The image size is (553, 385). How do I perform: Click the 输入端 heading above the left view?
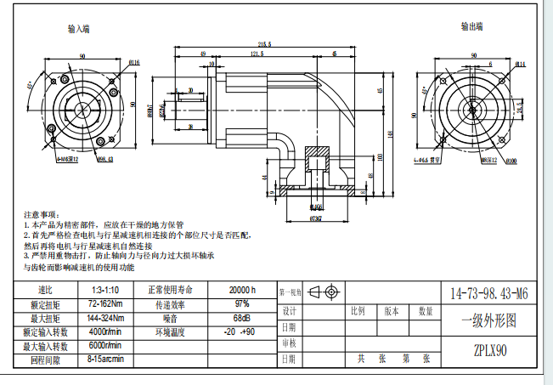click(79, 28)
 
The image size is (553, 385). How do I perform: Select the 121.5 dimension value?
click(256, 54)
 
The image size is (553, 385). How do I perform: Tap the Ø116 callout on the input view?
click(134, 63)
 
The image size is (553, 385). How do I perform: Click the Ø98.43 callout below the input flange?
click(104, 158)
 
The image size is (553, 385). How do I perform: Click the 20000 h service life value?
click(242, 290)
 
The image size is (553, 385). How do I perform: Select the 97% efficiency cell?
click(242, 303)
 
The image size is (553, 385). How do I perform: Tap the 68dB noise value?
click(242, 318)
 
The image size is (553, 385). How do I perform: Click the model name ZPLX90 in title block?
click(489, 349)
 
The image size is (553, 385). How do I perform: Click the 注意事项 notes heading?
click(40, 214)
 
